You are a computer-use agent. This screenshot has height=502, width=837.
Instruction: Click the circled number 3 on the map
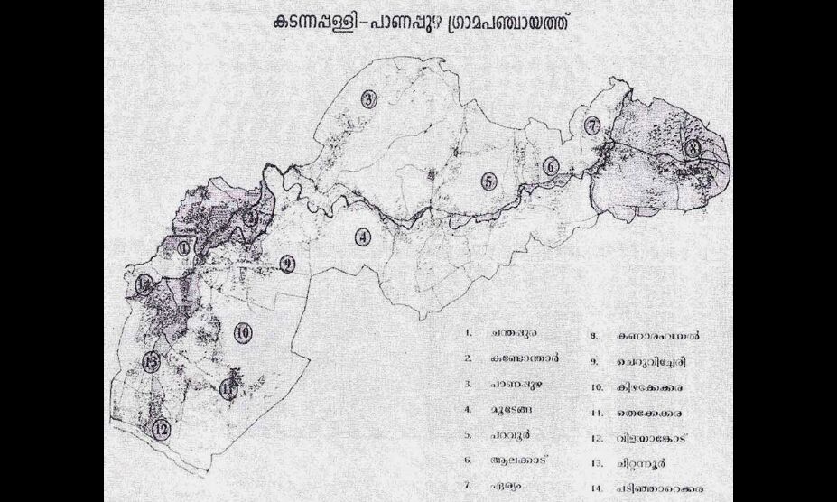pos(367,99)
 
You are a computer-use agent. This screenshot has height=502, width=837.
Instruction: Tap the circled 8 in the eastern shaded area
pos(693,147)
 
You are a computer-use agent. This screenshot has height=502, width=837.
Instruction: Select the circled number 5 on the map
pos(488,181)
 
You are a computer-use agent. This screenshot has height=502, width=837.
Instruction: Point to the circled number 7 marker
pos(592,127)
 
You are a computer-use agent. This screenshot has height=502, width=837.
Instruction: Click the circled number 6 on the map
pos(551,166)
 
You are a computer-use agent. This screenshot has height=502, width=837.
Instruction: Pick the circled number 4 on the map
pos(363,238)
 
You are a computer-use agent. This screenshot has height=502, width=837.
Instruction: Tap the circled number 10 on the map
pos(242,332)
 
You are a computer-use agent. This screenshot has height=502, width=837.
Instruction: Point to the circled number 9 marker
pos(287,264)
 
